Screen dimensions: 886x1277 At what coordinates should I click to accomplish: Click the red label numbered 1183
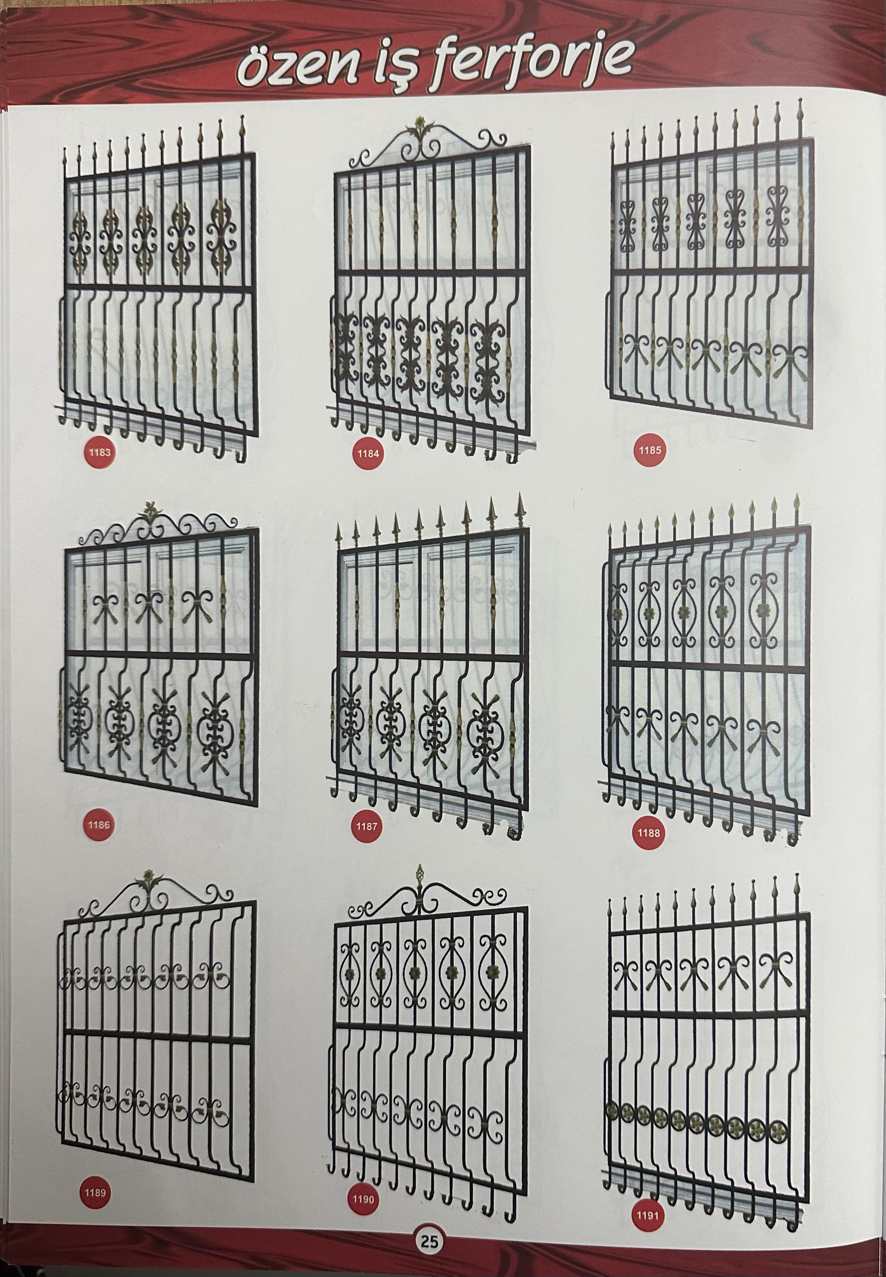click(100, 452)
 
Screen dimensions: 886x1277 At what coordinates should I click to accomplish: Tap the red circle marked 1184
click(368, 454)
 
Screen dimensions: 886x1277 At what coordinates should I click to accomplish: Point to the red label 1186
click(99, 824)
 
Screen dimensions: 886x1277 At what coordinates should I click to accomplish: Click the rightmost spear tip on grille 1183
click(243, 125)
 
